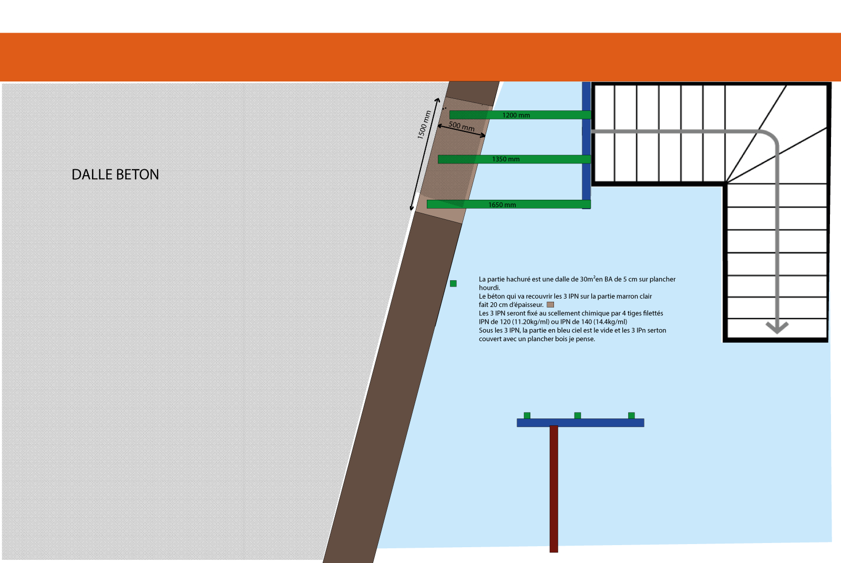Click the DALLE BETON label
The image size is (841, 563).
(x=115, y=175)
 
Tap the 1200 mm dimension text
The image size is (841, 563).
(x=516, y=115)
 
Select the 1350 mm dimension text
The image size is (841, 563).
(x=506, y=159)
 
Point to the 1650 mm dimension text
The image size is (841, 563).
(x=502, y=205)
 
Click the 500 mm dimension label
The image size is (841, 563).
(x=461, y=126)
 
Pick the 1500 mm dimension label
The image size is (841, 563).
(x=424, y=125)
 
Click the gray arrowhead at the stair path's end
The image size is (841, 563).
(x=777, y=327)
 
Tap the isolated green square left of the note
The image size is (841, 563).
(x=453, y=283)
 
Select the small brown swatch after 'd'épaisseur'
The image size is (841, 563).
(x=550, y=304)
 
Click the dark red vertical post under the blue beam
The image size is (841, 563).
(x=553, y=489)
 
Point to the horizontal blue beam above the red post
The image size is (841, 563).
(x=580, y=423)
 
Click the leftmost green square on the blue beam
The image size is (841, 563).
(x=527, y=415)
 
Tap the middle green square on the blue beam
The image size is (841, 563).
(x=578, y=415)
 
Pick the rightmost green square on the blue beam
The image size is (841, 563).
(x=631, y=415)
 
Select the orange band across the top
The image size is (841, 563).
(x=420, y=57)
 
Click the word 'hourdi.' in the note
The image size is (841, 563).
(x=489, y=288)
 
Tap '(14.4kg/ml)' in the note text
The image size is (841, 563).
(x=610, y=322)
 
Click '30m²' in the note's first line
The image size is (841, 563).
(x=587, y=279)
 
